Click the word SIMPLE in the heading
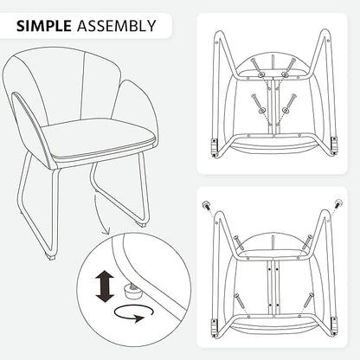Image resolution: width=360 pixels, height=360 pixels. tap(44, 26)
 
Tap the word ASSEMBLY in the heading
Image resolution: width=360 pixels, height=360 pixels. tap(117, 26)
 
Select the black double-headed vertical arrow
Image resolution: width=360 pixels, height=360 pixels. tap(104, 286)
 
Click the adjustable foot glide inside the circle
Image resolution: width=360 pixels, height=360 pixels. tap(133, 289)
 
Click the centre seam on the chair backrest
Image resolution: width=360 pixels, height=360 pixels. tap(84, 84)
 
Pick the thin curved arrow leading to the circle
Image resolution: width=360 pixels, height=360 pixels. tap(101, 215)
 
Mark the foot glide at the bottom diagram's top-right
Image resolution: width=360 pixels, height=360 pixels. tap(338, 203)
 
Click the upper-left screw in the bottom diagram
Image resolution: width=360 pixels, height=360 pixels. tap(238, 242)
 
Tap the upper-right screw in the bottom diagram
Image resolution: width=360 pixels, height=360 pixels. tap(307, 241)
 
